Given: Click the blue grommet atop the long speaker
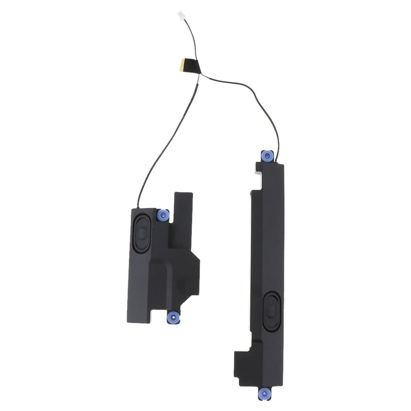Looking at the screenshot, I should [267, 155].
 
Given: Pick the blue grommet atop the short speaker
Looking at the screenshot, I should [163, 215].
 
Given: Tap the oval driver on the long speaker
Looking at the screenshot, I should [271, 311].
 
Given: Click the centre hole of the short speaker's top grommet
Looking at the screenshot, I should [163, 215].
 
